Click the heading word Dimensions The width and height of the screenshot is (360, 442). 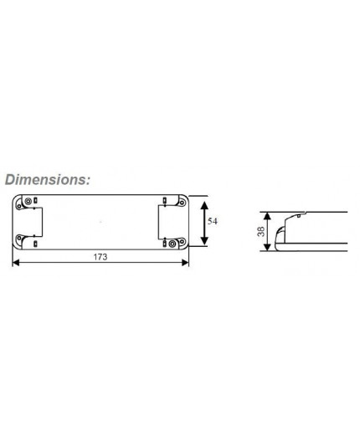click(46, 179)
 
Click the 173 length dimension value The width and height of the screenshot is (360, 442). click(100, 258)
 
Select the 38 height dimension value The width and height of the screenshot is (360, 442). click(261, 231)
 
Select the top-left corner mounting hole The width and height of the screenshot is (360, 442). click(21, 203)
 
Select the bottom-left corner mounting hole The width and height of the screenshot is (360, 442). click(21, 243)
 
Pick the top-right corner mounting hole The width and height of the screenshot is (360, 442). click(181, 203)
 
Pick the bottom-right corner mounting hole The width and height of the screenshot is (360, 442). click(181, 243)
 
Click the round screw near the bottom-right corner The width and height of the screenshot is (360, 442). click(172, 244)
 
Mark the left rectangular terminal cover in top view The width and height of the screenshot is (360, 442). click(35, 223)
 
